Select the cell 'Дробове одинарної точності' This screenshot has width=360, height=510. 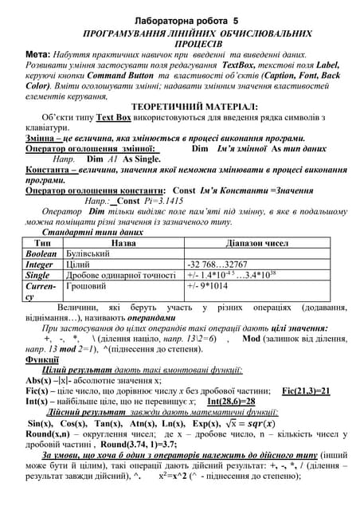coord(119,275)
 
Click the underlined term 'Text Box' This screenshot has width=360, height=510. coord(113,117)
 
